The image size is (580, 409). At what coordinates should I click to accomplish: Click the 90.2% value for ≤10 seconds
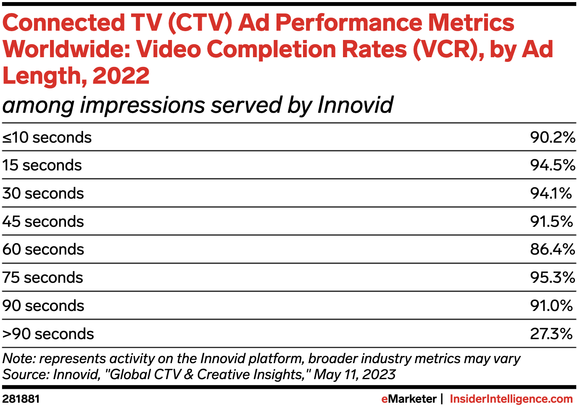tap(552, 138)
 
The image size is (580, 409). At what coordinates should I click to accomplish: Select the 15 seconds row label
tap(42, 165)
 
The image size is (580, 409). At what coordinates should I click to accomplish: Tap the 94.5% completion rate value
tap(552, 165)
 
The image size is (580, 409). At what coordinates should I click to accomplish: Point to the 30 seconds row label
tap(43, 194)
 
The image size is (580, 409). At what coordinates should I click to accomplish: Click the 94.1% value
tap(551, 194)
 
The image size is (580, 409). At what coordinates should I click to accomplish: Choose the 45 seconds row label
tap(43, 222)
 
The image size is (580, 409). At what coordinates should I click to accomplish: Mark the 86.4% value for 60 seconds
tap(552, 250)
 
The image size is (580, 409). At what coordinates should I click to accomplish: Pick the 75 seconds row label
tap(42, 278)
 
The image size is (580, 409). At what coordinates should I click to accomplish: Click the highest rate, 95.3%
tap(552, 278)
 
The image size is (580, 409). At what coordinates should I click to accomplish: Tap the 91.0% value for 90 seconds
tap(551, 306)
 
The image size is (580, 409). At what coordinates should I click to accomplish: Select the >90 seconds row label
tap(48, 334)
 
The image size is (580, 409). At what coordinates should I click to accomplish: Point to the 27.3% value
tap(551, 334)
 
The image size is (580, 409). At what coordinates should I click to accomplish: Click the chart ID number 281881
tap(21, 399)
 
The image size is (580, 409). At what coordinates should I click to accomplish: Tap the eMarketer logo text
tap(409, 399)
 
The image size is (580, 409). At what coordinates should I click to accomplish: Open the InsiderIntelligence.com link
tap(511, 399)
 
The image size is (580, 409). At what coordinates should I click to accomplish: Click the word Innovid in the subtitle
tap(355, 105)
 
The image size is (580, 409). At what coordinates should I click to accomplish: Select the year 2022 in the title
tap(121, 76)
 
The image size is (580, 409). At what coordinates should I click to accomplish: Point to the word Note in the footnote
tap(19, 359)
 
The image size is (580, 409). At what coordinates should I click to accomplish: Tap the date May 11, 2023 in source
tap(354, 374)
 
